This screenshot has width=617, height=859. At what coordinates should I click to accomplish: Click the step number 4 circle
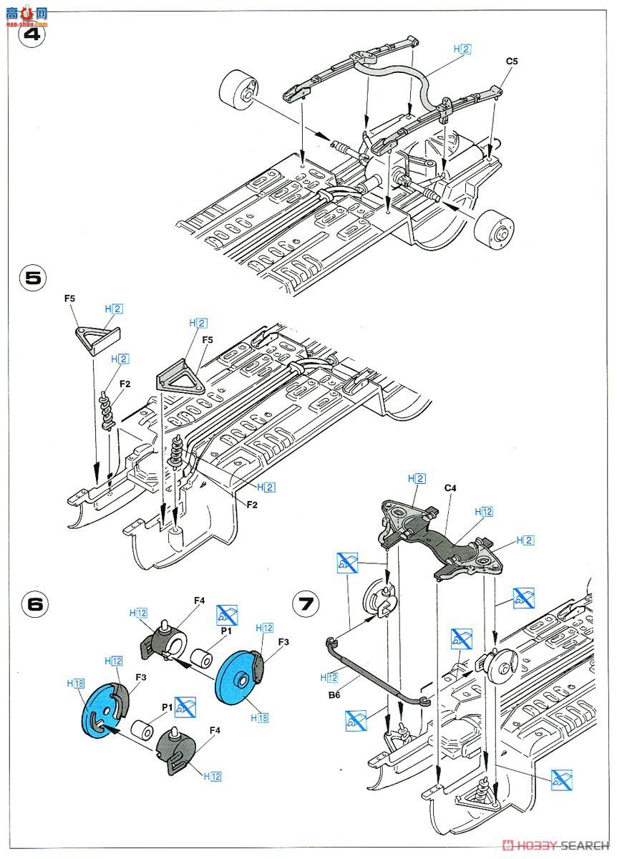(31, 34)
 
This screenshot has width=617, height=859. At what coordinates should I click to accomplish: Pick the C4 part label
(450, 488)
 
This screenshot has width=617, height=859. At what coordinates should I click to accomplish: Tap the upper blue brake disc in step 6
(241, 679)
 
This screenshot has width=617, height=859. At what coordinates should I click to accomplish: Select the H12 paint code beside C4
(485, 512)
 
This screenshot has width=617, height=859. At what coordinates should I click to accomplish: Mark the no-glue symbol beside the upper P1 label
(227, 613)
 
